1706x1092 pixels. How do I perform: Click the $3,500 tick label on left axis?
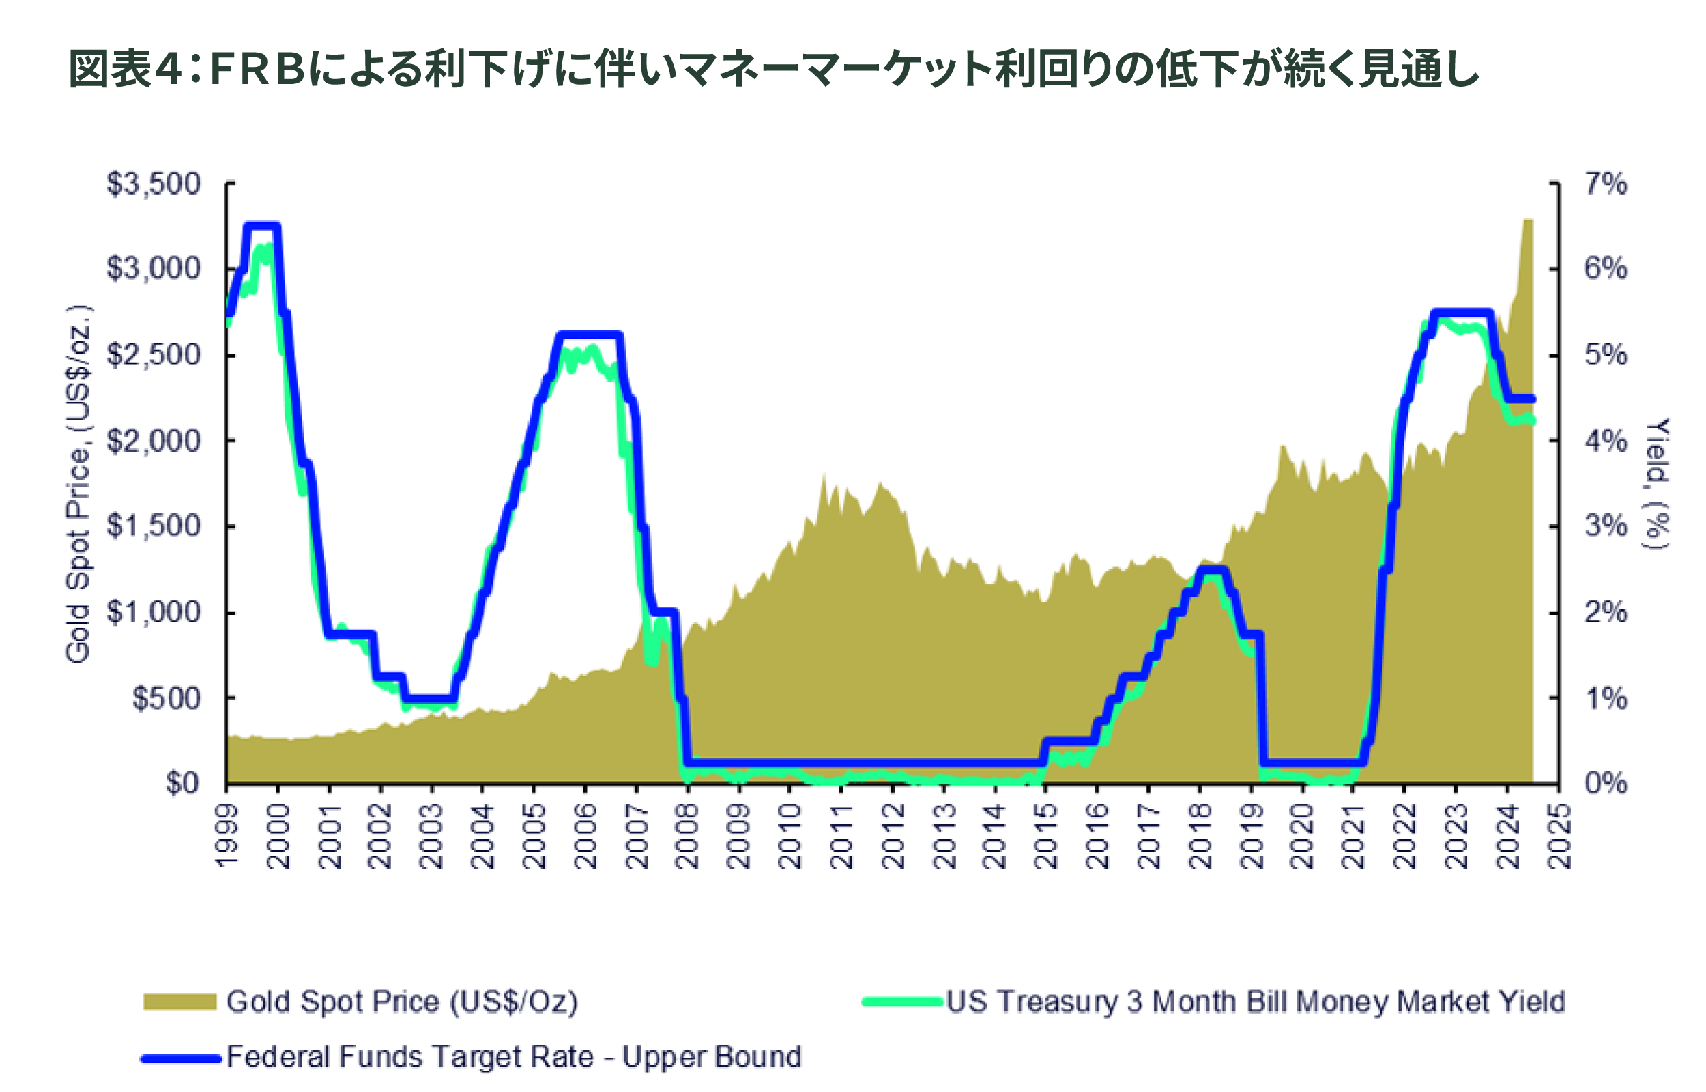(153, 184)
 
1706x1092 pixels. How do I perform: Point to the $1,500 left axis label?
(153, 526)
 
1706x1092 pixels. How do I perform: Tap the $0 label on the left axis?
(182, 783)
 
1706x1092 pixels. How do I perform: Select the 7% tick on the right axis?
(1606, 184)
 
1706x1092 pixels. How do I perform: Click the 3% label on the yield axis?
(1606, 526)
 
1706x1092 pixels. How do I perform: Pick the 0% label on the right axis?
(1606, 783)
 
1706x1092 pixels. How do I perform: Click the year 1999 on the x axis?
(227, 837)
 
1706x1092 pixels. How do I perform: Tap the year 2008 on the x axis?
(687, 837)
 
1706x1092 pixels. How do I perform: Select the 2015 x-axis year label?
(1045, 837)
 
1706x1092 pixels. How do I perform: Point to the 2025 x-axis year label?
(1559, 837)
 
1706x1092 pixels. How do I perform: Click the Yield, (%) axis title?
(1657, 485)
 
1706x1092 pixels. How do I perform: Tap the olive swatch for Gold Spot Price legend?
(179, 1001)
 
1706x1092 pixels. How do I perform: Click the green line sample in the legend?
(902, 1002)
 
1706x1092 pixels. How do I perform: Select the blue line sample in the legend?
(181, 1059)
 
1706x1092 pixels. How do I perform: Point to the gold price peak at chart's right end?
(1528, 221)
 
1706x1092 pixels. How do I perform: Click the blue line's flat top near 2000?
(262, 227)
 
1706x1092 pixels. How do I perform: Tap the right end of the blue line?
(1533, 399)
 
